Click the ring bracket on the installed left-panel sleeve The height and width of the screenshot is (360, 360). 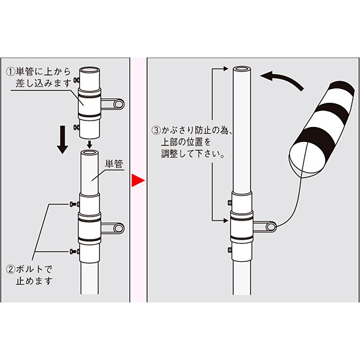116,228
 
